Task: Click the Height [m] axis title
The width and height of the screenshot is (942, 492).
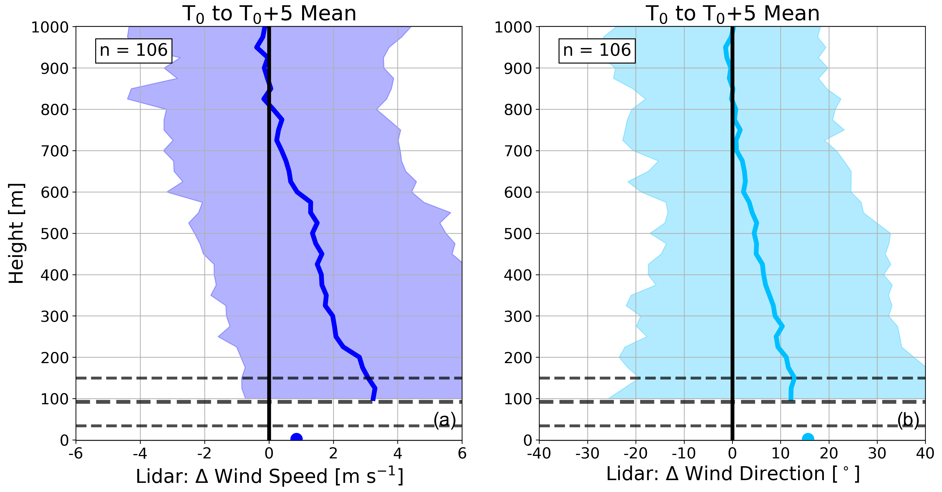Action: coord(16,233)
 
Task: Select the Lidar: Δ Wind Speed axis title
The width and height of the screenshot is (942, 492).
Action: coord(269,476)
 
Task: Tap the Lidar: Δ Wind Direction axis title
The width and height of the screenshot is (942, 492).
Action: coord(733,474)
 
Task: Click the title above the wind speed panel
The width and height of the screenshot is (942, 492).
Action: coord(269,14)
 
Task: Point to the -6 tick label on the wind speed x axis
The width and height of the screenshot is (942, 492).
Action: coord(76,454)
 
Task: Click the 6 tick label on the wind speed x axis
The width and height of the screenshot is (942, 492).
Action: coord(462,454)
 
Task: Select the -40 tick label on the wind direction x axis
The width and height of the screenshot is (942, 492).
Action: coord(539,454)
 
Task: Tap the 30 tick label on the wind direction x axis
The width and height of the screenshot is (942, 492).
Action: coord(877,454)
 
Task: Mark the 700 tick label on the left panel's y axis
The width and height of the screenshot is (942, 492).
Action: coord(55,151)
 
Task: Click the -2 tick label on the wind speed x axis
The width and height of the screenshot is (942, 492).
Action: coord(204,454)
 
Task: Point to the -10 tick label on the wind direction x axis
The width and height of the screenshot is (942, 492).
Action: coord(684,454)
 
